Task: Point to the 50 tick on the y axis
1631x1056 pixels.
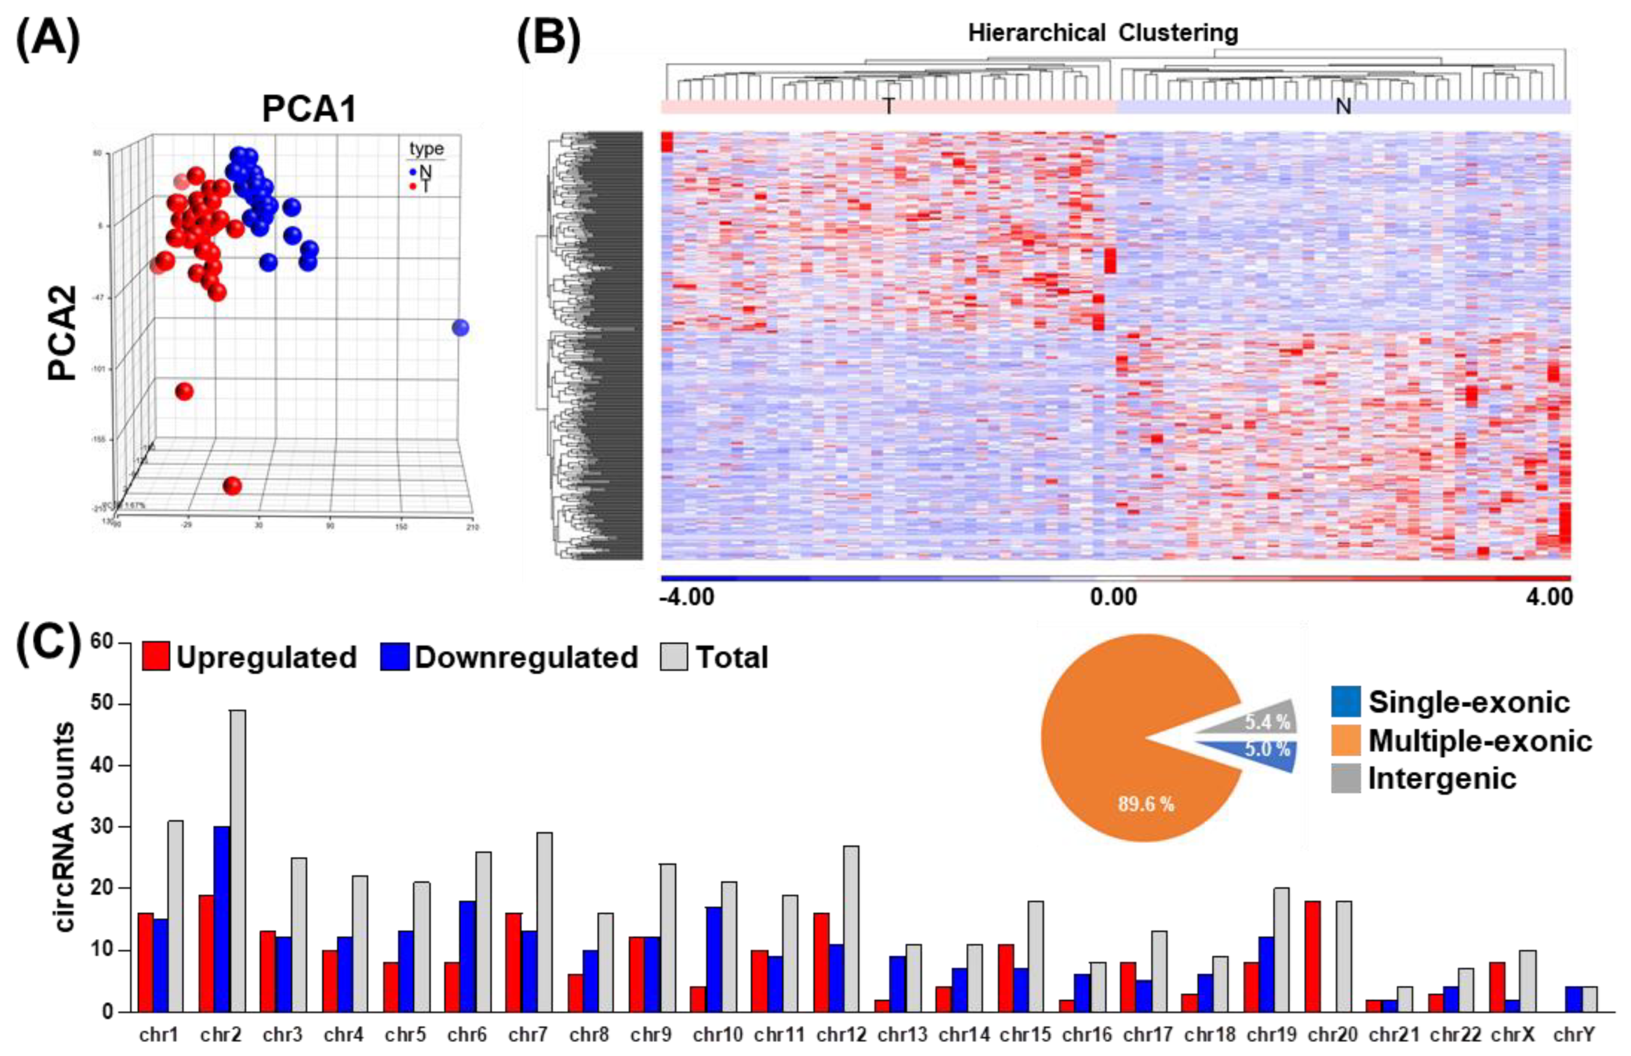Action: (x=103, y=704)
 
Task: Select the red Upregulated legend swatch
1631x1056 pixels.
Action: (x=155, y=657)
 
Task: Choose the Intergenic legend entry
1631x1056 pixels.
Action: (x=1442, y=778)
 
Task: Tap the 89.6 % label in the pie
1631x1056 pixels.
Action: (x=1146, y=803)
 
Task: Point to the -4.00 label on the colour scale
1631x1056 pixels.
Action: (x=687, y=597)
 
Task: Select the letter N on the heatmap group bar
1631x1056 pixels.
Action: (x=1343, y=106)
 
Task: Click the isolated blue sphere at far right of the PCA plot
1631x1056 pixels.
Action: (x=460, y=328)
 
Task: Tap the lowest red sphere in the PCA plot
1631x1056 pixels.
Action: (x=232, y=486)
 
